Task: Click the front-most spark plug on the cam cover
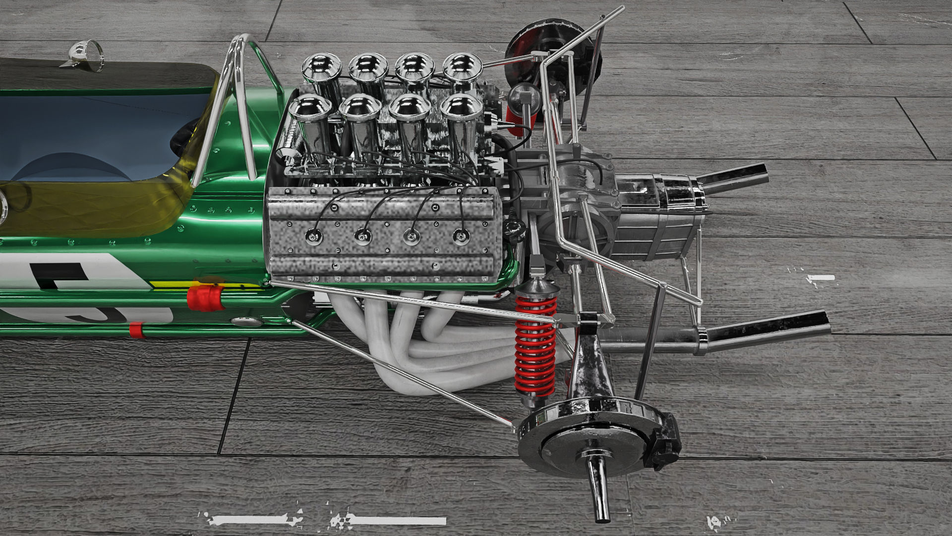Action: click(314, 236)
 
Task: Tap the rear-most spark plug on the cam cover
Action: click(461, 236)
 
